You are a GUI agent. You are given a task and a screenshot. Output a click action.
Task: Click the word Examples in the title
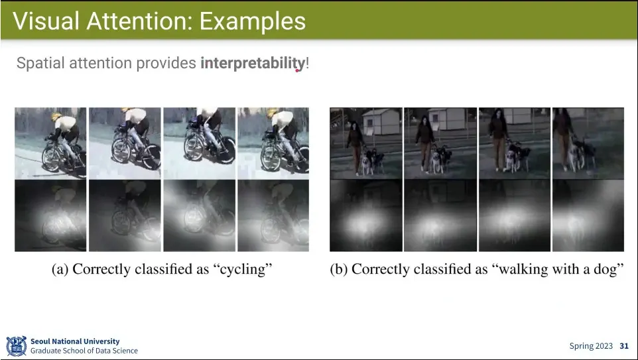252,21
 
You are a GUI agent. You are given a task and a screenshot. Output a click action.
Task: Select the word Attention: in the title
139,21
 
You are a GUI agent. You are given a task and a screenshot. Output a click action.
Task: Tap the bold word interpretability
252,64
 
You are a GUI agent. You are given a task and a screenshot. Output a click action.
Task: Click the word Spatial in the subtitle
40,64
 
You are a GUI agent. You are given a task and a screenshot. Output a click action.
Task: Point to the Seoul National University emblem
17,346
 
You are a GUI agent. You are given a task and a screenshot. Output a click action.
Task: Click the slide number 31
624,346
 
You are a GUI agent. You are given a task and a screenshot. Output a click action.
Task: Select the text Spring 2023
591,346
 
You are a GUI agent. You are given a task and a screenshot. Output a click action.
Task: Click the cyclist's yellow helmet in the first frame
56,117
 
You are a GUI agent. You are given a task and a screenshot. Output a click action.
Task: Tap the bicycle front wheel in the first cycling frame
52,158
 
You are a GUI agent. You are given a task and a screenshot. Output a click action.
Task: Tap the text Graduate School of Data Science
84,351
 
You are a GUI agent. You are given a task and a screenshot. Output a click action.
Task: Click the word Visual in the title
46,21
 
